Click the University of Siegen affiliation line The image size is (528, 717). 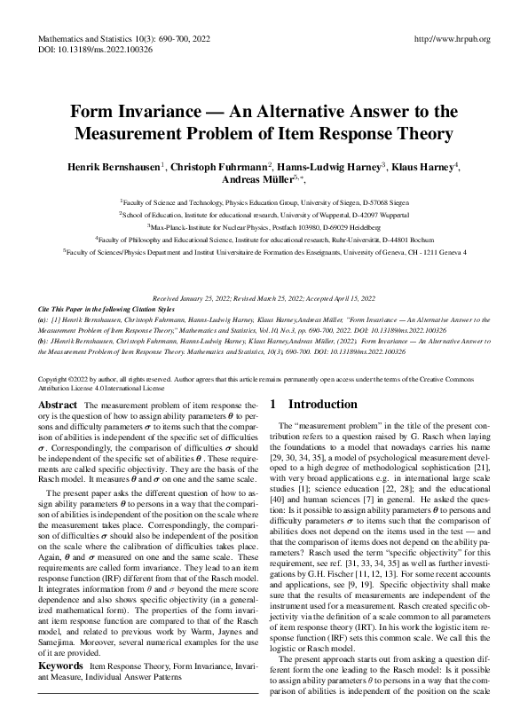point(264,202)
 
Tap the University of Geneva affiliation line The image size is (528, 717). point(264,252)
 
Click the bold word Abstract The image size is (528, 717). point(59,405)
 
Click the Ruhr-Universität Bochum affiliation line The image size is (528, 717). point(264,240)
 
